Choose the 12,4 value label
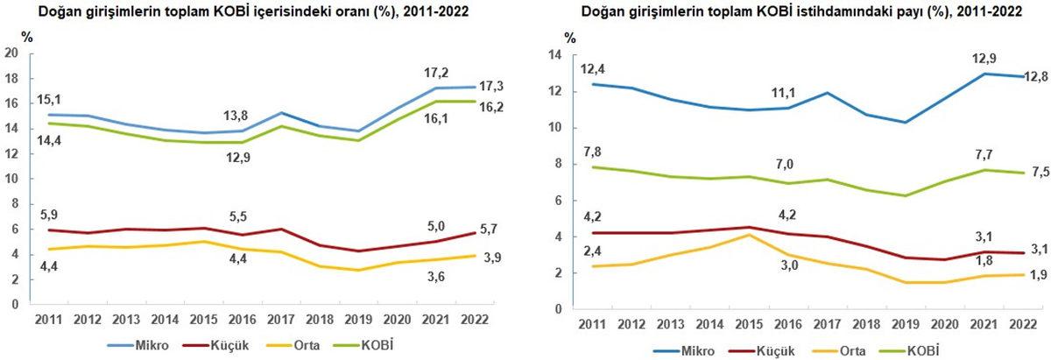click(592, 68)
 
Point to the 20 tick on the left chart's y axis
click(12, 53)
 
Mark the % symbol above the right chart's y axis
click(570, 38)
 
